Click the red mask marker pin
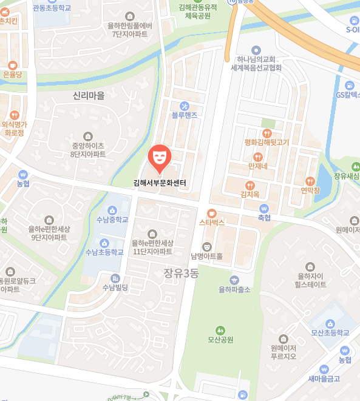click(160, 157)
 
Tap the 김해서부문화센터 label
click(160, 183)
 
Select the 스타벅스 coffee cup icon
click(211, 213)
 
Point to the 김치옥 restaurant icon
click(249, 185)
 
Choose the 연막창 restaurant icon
click(310, 181)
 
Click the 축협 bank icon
click(264, 208)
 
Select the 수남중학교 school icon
click(113, 210)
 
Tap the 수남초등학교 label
click(104, 252)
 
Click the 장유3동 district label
click(181, 273)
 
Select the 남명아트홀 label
click(206, 256)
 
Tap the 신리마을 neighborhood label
click(89, 96)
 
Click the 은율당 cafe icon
click(12, 64)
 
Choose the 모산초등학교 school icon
click(330, 323)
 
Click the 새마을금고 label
click(324, 379)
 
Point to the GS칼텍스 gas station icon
click(350, 86)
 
